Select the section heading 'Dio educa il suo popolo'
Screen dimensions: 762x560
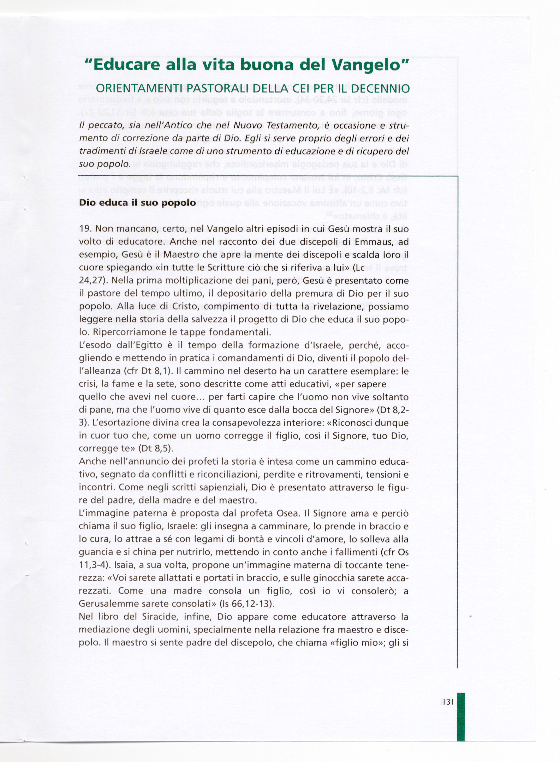pyautogui.click(x=137, y=203)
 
